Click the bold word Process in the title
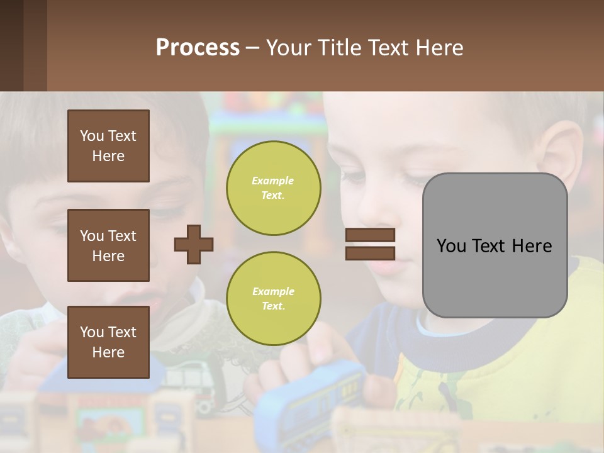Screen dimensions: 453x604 (198, 48)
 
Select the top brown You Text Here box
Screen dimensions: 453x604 (108, 146)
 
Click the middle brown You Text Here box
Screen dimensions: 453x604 (108, 245)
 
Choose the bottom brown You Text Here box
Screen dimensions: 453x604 (108, 342)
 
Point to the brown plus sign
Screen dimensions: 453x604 (194, 244)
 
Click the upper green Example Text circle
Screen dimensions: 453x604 (273, 188)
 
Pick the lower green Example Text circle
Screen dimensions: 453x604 (273, 299)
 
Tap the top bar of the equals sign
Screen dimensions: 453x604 (370, 235)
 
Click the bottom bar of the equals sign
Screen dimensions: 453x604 (370, 253)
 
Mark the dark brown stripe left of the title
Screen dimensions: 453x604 (11, 45)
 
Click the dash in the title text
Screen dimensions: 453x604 (252, 48)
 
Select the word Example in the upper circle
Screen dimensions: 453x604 (273, 181)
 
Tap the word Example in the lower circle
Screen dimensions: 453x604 (273, 292)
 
